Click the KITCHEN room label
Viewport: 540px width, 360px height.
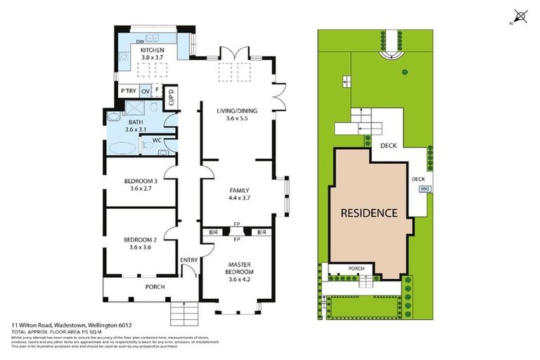tap(152, 51)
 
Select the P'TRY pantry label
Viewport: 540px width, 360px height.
tap(128, 92)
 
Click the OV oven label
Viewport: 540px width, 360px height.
tap(145, 92)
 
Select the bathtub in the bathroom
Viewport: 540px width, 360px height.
tap(124, 148)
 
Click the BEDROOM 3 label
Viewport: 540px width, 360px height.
tap(139, 182)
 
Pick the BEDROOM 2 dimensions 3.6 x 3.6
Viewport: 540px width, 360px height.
tap(139, 247)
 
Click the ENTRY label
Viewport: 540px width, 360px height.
tap(188, 261)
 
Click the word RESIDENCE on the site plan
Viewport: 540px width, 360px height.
tap(369, 213)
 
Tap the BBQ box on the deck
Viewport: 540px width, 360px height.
tap(424, 189)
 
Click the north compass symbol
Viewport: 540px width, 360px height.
tap(520, 15)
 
